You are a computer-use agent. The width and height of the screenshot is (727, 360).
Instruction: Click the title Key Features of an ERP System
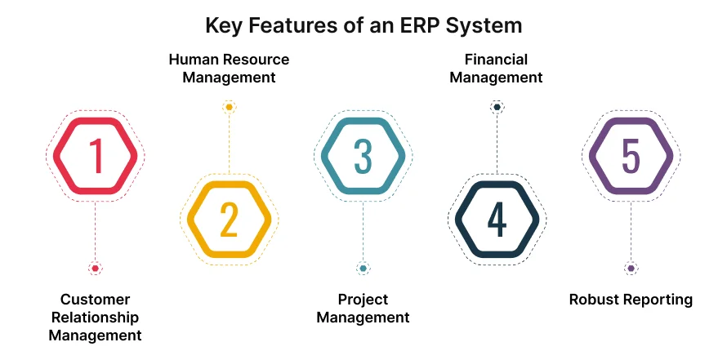[363, 24]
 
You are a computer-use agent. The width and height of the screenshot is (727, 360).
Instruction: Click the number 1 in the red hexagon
[96, 156]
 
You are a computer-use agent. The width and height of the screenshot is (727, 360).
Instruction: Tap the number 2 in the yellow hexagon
[229, 220]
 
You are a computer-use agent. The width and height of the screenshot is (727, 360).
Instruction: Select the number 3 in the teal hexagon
[363, 156]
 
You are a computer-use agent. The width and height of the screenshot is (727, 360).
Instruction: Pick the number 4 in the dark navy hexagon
[497, 220]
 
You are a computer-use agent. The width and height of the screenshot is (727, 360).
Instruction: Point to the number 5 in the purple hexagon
[631, 156]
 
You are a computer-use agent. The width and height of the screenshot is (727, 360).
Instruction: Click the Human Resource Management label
[229, 69]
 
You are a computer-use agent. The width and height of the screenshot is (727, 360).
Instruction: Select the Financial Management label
[496, 69]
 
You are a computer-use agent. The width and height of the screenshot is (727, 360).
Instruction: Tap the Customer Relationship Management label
[95, 317]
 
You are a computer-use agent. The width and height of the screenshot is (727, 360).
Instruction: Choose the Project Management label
[363, 308]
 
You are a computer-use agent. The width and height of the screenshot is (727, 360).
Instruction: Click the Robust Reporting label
[631, 300]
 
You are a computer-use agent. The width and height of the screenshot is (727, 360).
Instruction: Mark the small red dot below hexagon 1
[96, 269]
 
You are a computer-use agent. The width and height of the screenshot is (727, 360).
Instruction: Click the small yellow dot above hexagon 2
[229, 107]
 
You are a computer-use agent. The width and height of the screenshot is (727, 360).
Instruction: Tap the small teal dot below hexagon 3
[363, 269]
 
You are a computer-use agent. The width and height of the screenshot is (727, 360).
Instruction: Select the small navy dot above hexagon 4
[497, 107]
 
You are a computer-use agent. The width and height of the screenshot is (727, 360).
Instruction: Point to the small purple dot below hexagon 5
[631, 269]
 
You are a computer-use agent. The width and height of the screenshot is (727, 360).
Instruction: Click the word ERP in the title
[420, 24]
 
